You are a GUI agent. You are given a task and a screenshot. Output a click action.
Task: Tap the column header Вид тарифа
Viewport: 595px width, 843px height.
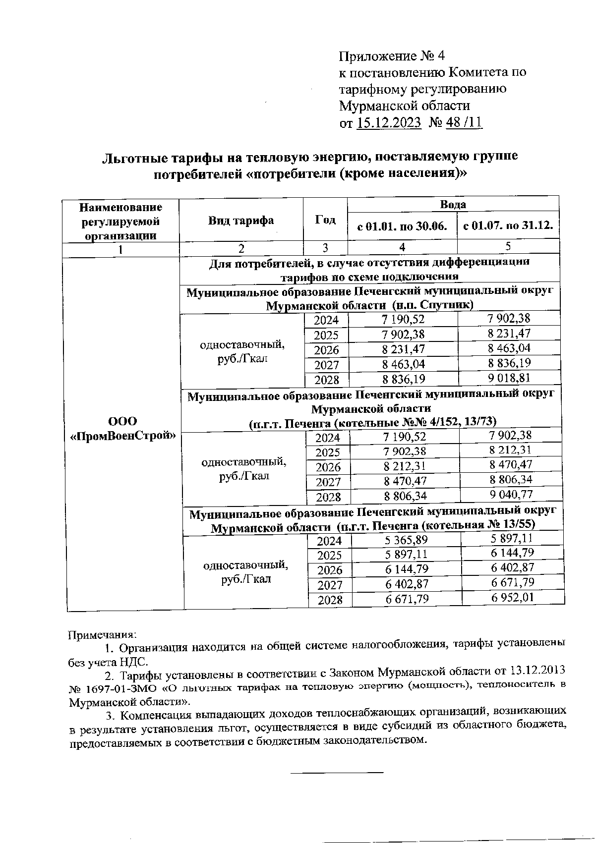point(240,221)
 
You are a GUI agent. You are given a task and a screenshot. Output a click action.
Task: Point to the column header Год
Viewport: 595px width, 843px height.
point(325,220)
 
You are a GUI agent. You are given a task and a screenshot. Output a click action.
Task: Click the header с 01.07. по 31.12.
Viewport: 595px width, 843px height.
point(508,226)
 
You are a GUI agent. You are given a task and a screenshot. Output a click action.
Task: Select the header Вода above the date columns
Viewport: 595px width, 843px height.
point(453,204)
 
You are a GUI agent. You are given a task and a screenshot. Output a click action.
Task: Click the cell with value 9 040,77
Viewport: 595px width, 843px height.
point(511,494)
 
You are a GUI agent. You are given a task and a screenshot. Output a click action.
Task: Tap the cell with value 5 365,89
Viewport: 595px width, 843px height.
point(406,540)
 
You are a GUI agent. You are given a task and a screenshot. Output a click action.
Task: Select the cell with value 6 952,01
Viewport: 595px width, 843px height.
point(513,597)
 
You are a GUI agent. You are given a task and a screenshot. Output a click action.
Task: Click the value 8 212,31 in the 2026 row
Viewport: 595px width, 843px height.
point(404,466)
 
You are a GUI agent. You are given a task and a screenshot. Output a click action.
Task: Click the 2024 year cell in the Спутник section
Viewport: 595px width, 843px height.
point(326,320)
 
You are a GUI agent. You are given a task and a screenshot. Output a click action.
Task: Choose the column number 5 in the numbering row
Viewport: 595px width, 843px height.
point(508,246)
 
